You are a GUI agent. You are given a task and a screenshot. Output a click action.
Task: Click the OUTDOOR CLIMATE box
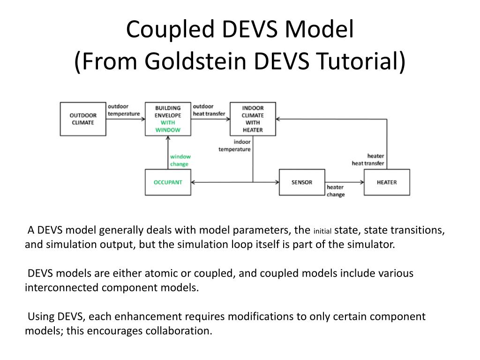[x=83, y=119]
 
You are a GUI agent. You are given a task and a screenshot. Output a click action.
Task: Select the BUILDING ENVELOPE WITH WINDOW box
[x=168, y=119]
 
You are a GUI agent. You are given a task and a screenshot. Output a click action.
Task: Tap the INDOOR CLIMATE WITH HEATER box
[x=253, y=119]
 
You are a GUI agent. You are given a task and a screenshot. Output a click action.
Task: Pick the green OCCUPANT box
[x=168, y=182]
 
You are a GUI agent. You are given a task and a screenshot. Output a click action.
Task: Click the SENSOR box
[x=302, y=182]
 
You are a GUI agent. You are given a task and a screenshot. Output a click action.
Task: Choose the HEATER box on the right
[x=387, y=182]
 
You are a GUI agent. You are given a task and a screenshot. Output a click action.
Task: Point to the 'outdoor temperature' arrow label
[x=124, y=110]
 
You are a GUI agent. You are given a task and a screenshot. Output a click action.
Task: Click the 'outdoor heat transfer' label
[x=209, y=110]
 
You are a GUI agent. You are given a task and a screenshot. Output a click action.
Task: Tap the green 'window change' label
[x=180, y=160]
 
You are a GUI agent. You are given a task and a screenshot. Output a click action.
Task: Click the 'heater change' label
[x=336, y=191]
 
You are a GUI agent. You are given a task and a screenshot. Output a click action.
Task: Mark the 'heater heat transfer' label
[x=368, y=160]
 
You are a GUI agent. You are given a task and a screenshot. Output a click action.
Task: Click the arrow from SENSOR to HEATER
[x=345, y=182]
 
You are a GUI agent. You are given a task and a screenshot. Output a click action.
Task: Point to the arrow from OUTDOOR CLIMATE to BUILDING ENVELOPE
[x=125, y=119]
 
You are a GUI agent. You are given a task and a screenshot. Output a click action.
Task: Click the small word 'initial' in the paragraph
[x=322, y=231]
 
